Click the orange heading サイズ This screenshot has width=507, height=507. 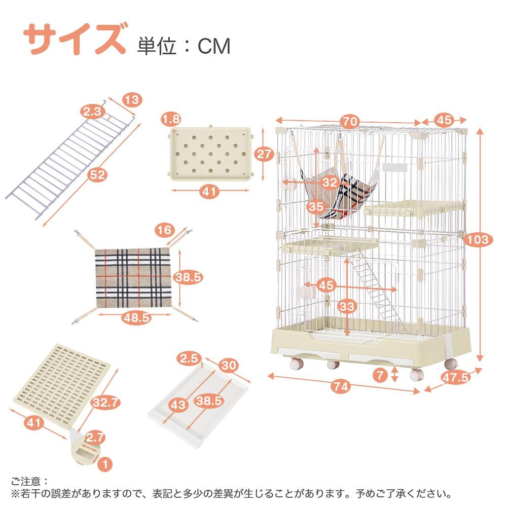[75, 39]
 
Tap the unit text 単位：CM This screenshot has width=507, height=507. [184, 46]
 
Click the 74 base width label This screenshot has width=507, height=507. [342, 386]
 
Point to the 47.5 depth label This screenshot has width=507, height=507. [453, 377]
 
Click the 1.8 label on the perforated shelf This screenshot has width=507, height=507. [171, 120]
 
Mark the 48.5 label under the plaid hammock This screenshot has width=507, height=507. [136, 318]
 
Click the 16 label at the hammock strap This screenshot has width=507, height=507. [164, 231]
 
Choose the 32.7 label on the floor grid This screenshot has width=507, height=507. [106, 403]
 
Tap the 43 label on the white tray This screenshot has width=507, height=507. [178, 405]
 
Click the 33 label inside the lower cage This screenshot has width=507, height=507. [347, 307]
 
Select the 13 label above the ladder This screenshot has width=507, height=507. [131, 100]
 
